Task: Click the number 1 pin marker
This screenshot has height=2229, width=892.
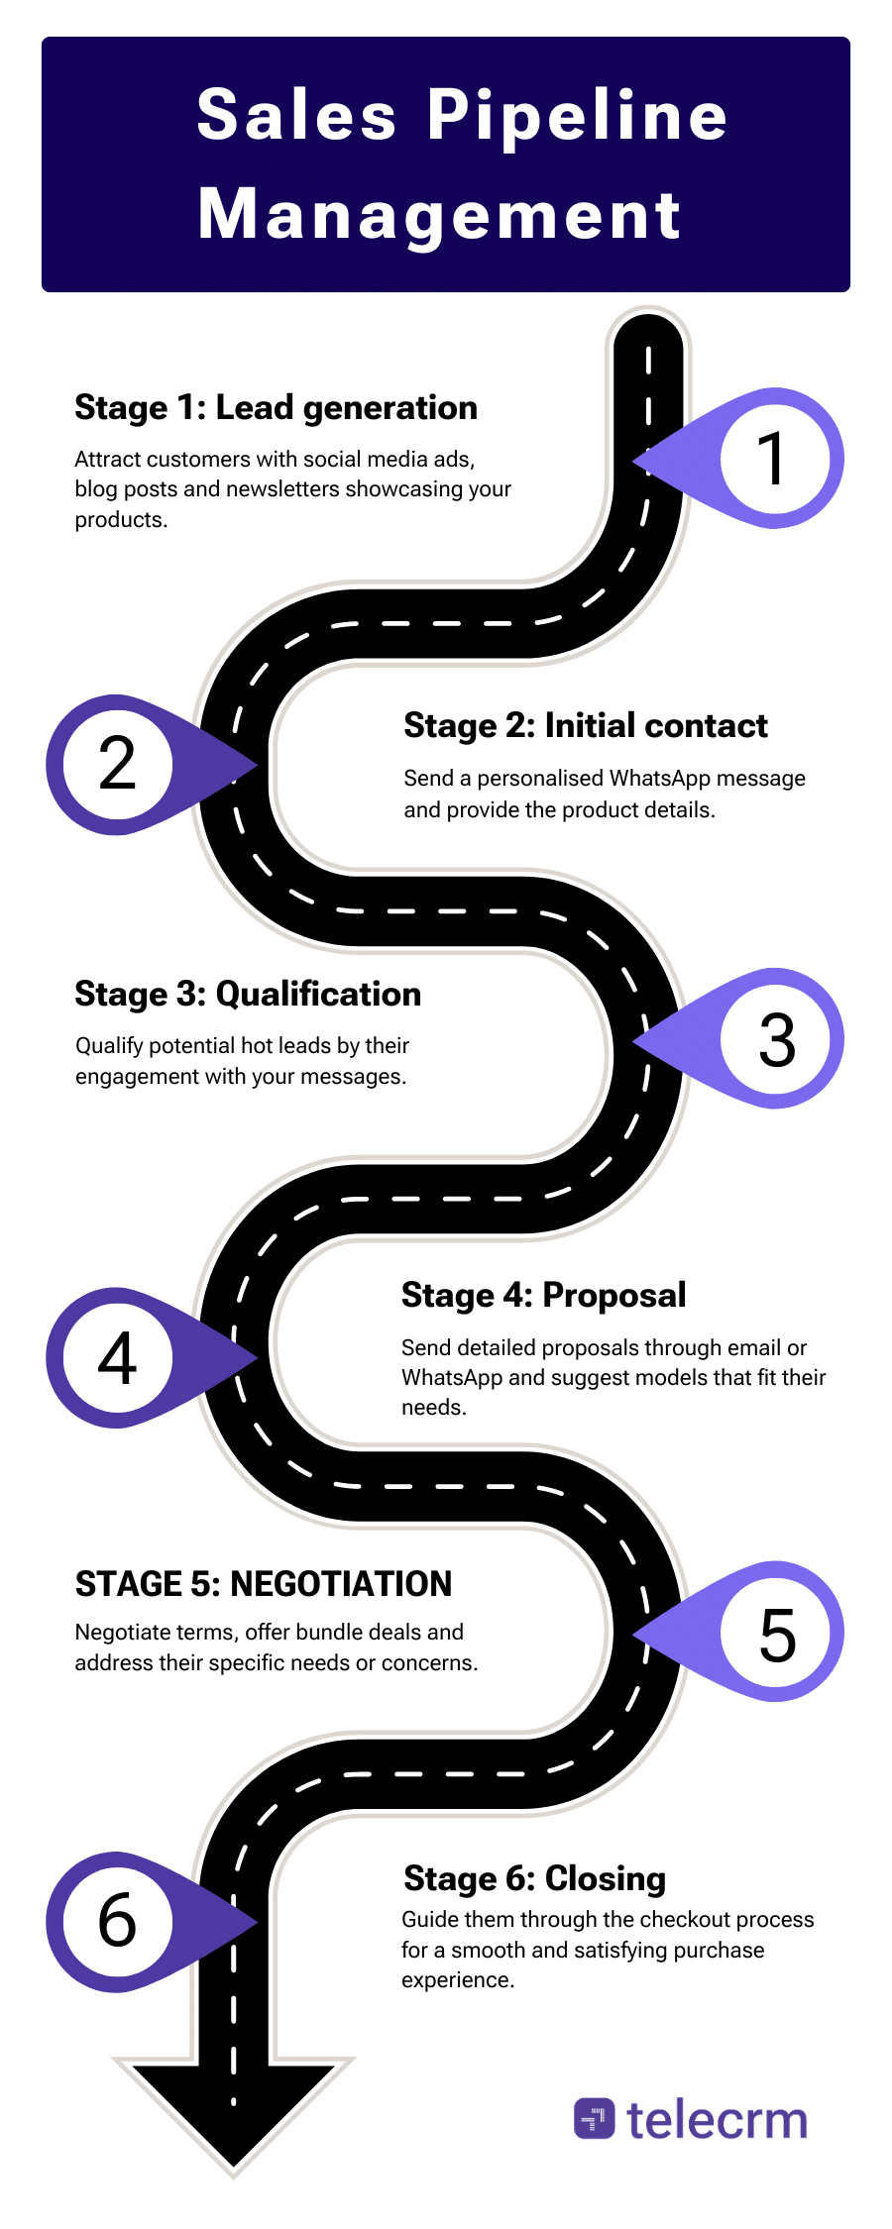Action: coord(773,458)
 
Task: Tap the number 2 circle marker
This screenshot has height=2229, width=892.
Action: coord(117,764)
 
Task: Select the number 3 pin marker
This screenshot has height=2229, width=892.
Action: coord(776,1039)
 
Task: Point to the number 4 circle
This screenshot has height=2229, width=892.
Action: coord(117,1358)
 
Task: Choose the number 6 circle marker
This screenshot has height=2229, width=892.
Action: coord(117,1921)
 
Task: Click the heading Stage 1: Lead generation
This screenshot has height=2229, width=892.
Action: coord(276,407)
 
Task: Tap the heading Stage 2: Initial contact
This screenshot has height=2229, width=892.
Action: coord(585,725)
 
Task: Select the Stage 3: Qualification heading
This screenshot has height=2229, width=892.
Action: coord(248,994)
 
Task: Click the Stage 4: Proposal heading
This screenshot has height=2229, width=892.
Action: coord(543,1295)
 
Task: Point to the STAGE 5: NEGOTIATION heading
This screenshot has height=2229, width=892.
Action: coord(263,1583)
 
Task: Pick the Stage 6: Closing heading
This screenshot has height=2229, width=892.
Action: coord(534,1878)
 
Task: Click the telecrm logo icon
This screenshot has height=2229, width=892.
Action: coord(594,2119)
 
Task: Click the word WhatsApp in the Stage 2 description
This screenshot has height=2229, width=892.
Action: coord(660,778)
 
